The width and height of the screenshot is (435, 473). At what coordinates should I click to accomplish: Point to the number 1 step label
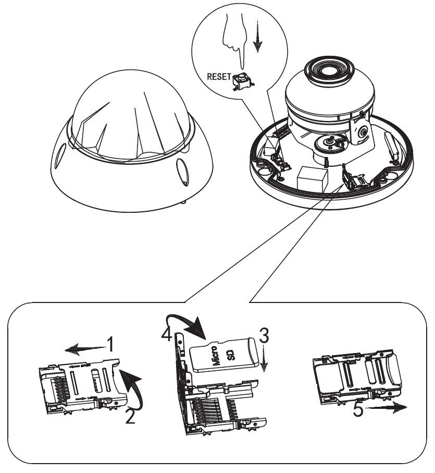click(x=110, y=343)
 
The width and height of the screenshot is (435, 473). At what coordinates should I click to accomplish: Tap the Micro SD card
click(x=225, y=354)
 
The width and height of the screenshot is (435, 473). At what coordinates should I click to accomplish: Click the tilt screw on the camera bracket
click(x=361, y=133)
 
